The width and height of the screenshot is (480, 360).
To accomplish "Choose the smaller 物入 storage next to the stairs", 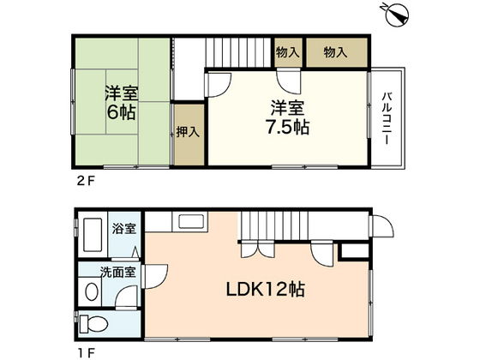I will point(288,53).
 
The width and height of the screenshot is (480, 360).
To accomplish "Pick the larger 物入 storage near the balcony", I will point(335,53).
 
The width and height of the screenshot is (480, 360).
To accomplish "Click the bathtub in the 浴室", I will point(91,233).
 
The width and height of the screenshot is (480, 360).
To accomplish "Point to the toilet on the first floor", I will point(97,324).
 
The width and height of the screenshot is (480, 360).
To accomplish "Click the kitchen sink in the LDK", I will point(189,225).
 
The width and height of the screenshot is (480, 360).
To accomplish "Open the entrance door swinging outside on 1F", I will point(381,225).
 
